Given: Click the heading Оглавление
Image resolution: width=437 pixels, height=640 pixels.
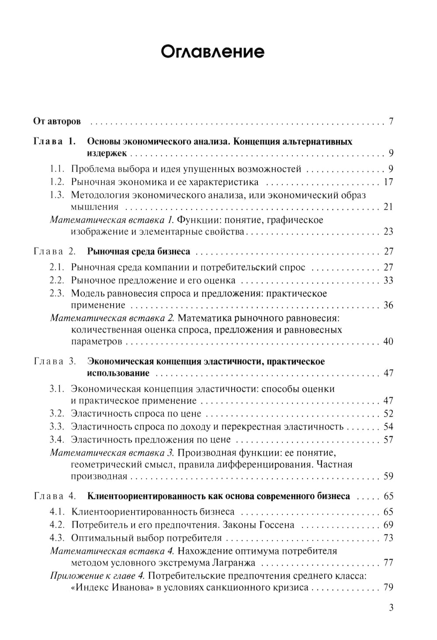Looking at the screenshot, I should (212, 52).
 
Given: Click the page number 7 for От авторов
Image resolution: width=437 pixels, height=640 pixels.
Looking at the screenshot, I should (391, 121).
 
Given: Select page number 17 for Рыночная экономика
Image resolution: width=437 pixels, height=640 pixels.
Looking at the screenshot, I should (388, 182).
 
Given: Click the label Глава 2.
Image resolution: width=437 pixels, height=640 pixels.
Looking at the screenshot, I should (54, 251).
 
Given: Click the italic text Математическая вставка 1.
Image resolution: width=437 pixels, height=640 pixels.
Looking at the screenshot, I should (112, 220).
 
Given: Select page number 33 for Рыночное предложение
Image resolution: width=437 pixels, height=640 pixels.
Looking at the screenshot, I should (388, 280).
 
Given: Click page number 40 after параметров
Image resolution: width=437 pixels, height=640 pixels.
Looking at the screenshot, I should (388, 341).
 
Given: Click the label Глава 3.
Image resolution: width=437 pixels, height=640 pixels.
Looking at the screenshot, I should (54, 361).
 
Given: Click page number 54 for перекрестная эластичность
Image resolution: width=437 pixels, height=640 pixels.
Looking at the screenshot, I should (388, 427).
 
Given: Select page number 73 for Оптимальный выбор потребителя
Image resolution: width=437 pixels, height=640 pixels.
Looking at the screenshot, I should (388, 538).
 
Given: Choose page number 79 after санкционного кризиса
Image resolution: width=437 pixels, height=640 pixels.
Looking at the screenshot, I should (388, 587).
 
